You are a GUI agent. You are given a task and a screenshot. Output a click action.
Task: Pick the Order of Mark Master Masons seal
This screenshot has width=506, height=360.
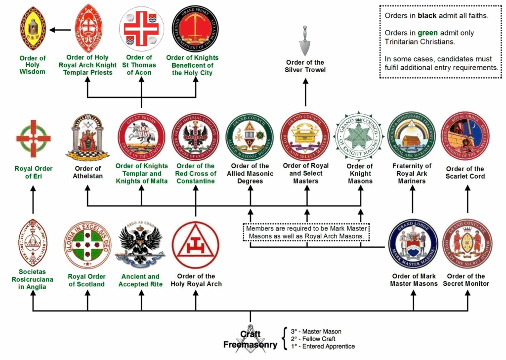coord(414,245)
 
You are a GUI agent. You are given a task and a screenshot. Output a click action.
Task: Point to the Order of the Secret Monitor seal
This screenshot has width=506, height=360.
coord(467,245)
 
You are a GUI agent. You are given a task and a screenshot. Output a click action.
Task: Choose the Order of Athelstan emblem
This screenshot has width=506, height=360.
coord(87,137)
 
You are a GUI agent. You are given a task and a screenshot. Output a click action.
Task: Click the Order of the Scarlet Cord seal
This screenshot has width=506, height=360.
coord(466,136)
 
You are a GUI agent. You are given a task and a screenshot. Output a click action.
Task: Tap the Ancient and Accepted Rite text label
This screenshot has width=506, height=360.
coord(141,280)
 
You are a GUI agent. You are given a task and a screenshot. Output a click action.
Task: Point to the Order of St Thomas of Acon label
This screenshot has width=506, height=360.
coord(141,65)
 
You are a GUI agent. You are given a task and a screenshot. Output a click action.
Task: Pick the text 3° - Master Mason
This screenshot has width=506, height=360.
coord(316,331)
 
